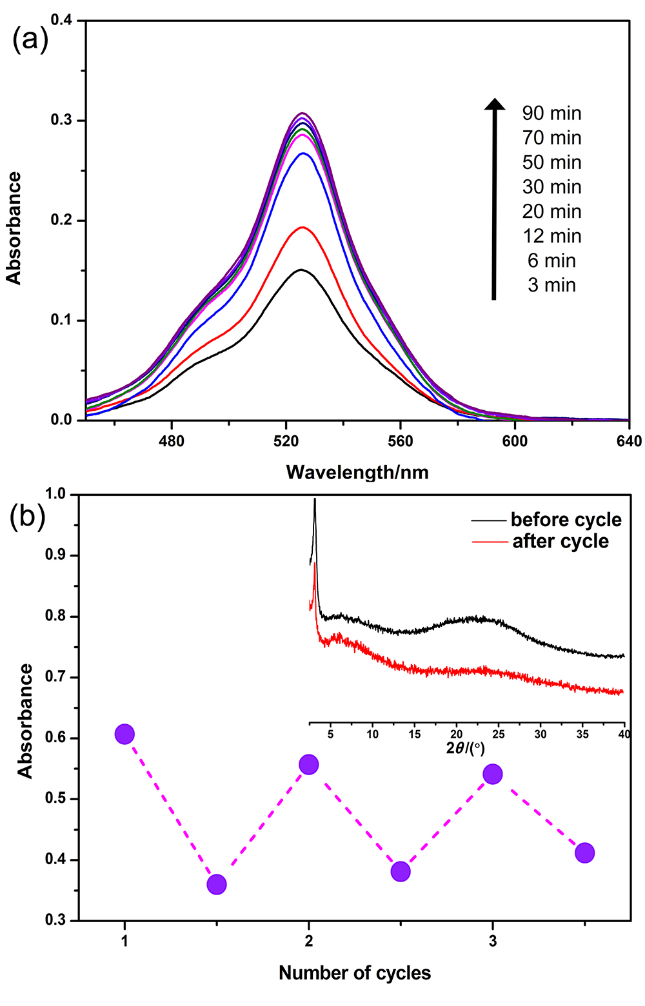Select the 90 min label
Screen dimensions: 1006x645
(x=551, y=113)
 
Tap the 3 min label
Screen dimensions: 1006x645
(x=551, y=285)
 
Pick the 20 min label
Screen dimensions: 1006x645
(x=551, y=212)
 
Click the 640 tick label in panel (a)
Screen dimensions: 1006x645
(x=629, y=441)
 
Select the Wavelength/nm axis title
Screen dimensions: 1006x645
(x=357, y=472)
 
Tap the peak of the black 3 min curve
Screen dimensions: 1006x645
(x=301, y=270)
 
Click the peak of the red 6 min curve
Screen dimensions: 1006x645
(x=301, y=227)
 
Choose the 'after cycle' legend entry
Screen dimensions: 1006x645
(x=560, y=541)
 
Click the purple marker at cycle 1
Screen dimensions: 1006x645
(x=124, y=734)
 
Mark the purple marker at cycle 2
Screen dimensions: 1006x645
(x=309, y=765)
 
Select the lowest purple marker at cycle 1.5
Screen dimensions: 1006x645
(x=217, y=884)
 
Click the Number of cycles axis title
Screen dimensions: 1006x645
(x=355, y=972)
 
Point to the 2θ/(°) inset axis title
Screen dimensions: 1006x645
(x=465, y=748)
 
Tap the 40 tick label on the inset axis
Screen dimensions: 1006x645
(x=624, y=735)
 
